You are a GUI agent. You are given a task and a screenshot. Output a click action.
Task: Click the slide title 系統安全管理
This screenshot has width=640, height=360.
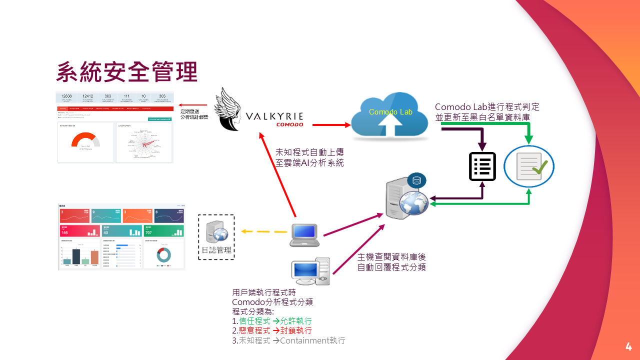[x=127, y=72]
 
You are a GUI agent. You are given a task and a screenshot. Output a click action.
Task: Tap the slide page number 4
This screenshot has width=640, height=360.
[x=628, y=346]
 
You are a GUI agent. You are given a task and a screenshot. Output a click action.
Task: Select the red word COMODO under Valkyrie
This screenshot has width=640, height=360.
[x=289, y=124]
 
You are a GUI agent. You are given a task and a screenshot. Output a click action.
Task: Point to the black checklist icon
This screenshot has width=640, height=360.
[x=482, y=166]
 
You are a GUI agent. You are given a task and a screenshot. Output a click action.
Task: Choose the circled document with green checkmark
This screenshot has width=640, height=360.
[x=529, y=166]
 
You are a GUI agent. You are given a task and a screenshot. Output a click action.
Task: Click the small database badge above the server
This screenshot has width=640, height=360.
[x=416, y=179]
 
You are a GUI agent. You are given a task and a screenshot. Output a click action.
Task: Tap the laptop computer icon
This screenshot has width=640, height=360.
[x=304, y=235]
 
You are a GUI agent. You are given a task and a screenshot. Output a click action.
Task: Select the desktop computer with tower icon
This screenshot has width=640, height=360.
[x=310, y=271]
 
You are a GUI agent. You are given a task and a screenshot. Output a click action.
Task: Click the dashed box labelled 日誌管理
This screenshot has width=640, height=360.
[x=216, y=237]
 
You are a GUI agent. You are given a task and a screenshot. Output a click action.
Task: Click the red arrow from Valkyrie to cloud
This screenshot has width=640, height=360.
[x=330, y=124]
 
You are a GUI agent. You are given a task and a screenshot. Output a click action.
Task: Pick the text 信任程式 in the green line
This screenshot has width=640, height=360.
[x=254, y=321]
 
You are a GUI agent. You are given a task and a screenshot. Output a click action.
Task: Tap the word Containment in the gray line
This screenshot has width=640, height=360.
[x=304, y=341]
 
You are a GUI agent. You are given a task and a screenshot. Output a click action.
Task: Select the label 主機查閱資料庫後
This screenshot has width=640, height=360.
[x=391, y=257]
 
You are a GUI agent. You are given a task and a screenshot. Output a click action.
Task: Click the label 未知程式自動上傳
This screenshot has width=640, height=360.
[x=309, y=152]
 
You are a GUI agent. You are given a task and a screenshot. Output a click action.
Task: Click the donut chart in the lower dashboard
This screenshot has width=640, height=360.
[x=163, y=254]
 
